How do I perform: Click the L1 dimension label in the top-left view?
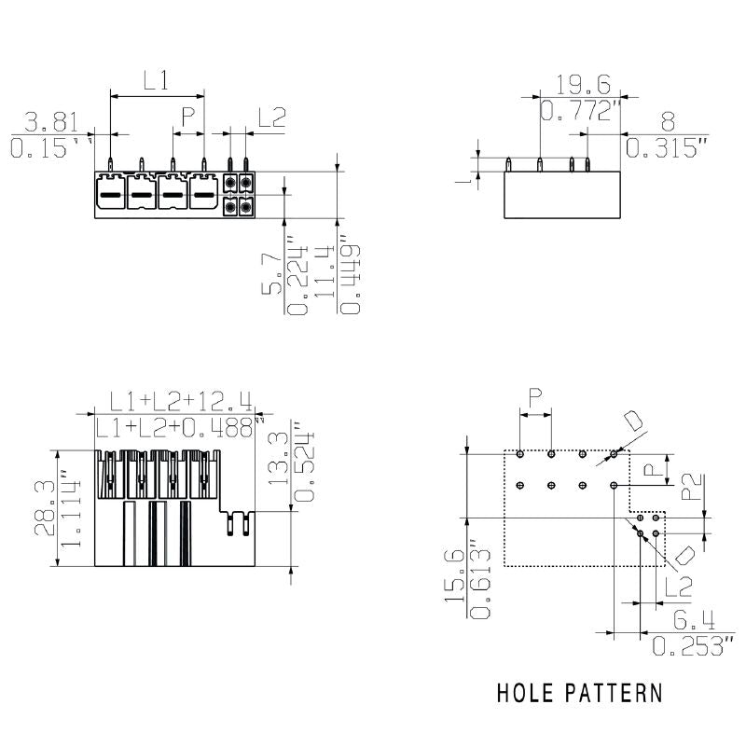click(156, 81)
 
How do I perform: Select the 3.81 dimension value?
click(46, 122)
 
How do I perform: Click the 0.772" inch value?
click(581, 113)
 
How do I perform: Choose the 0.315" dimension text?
click(668, 147)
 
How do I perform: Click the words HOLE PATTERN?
click(580, 693)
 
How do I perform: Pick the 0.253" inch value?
click(693, 645)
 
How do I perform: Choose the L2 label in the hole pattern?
click(679, 587)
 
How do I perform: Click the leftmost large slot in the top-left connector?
click(110, 195)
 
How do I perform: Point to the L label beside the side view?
click(469, 177)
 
